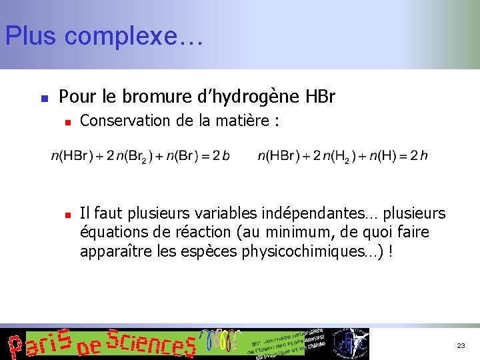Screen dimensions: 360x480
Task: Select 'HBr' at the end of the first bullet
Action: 320,97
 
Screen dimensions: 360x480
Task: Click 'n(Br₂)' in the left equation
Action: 134,157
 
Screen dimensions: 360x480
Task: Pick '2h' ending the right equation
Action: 419,156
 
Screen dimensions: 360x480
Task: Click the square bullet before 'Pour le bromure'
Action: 44,98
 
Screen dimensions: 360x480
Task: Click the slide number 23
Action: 461,346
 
